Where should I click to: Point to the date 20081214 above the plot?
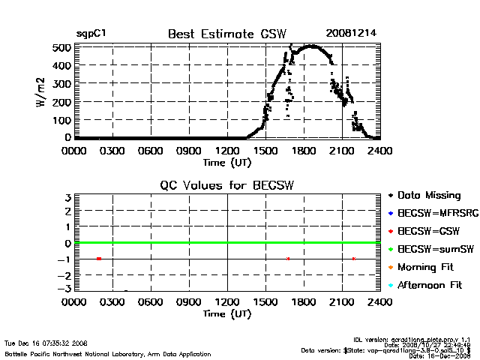[351, 34]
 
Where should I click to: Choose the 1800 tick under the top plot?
[304, 151]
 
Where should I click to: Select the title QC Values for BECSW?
[227, 185]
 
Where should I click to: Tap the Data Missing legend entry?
[428, 196]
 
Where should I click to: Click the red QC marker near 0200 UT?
[99, 259]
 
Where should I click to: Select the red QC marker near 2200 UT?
[353, 259]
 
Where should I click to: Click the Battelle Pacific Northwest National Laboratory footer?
[108, 353]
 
